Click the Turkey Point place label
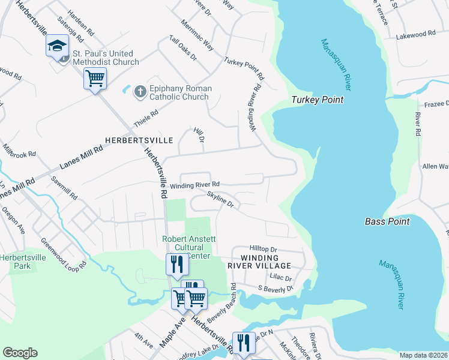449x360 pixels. [318, 100]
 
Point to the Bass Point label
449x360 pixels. [387, 221]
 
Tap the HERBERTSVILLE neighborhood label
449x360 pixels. [139, 140]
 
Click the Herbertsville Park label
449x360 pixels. [22, 261]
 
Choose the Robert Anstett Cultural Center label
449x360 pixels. [188, 247]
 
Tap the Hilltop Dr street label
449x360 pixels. [263, 248]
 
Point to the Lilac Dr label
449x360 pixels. [280, 278]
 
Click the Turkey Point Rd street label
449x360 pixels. [244, 68]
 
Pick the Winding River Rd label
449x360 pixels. [194, 185]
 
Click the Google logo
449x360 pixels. [20, 353]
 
